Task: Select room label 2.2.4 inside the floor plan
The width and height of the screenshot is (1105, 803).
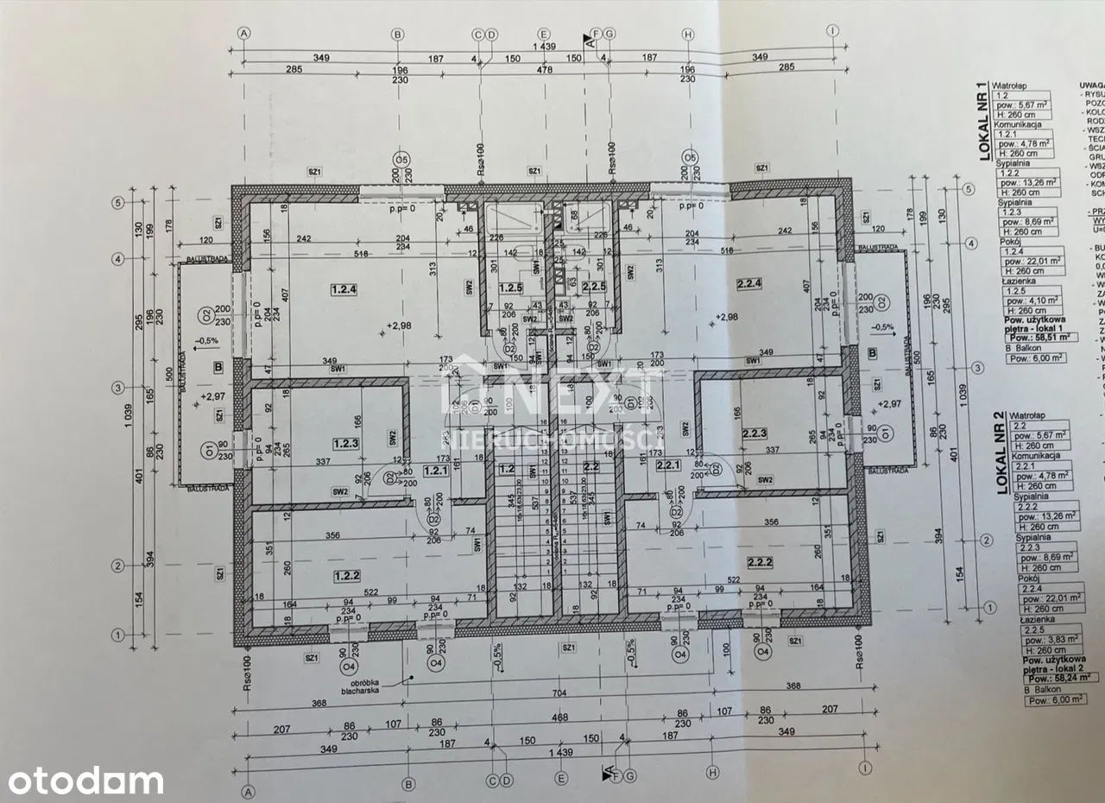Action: click(x=747, y=283)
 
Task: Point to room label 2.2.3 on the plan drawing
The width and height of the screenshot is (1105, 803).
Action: click(x=755, y=433)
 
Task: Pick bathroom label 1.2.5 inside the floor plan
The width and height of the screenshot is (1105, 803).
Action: click(x=511, y=288)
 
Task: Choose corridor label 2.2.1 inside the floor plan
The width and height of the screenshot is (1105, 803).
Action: click(x=669, y=465)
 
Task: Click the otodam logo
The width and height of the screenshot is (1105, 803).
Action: click(x=82, y=780)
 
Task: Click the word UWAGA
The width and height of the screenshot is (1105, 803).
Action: click(x=1091, y=86)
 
